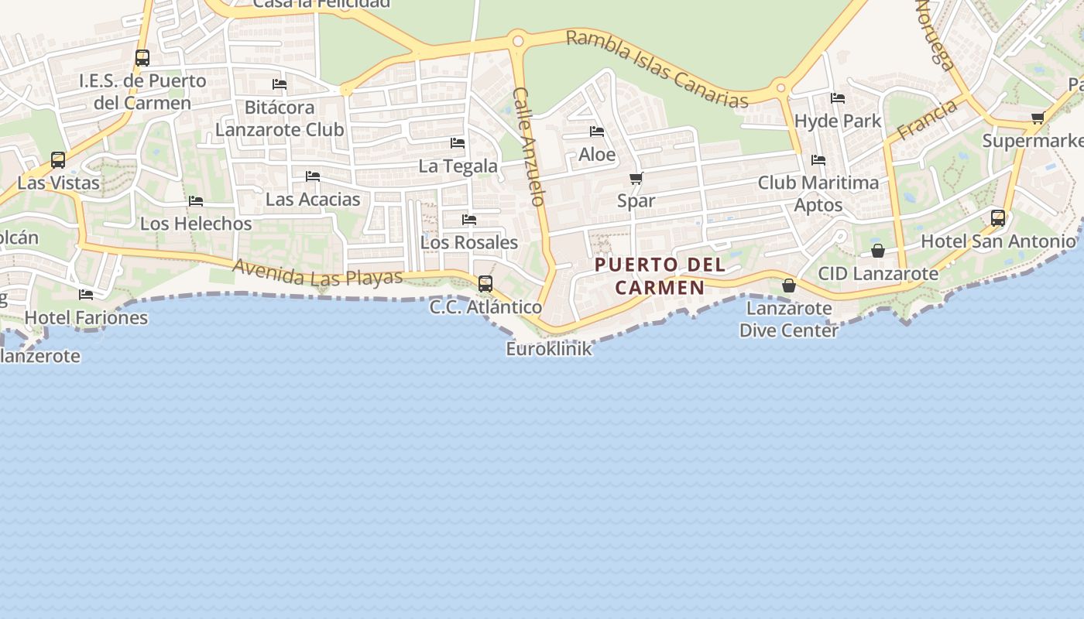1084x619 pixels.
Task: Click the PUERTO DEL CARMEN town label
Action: (660, 276)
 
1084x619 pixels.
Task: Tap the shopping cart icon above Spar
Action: (636, 179)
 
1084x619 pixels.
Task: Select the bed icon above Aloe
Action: (596, 132)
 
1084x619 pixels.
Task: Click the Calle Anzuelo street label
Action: (529, 146)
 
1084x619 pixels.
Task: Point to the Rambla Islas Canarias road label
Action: (657, 69)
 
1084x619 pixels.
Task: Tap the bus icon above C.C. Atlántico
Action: (485, 284)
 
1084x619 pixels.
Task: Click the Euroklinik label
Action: (549, 349)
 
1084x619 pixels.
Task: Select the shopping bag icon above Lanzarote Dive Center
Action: (788, 286)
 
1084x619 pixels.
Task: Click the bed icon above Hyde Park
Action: (838, 98)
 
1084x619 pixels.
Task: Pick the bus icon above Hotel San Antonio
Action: (998, 218)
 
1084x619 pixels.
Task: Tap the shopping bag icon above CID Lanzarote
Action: (878, 251)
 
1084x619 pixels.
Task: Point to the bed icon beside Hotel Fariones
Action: (86, 295)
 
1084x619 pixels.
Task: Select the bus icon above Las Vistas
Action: (58, 160)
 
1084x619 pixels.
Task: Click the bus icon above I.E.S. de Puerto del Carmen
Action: (142, 58)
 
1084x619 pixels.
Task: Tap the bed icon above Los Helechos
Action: (196, 201)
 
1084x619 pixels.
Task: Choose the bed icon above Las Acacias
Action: (313, 176)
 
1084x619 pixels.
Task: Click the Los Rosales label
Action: (468, 242)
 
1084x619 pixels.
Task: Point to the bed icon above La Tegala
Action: (458, 143)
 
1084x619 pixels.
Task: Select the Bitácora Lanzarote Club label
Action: (280, 118)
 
